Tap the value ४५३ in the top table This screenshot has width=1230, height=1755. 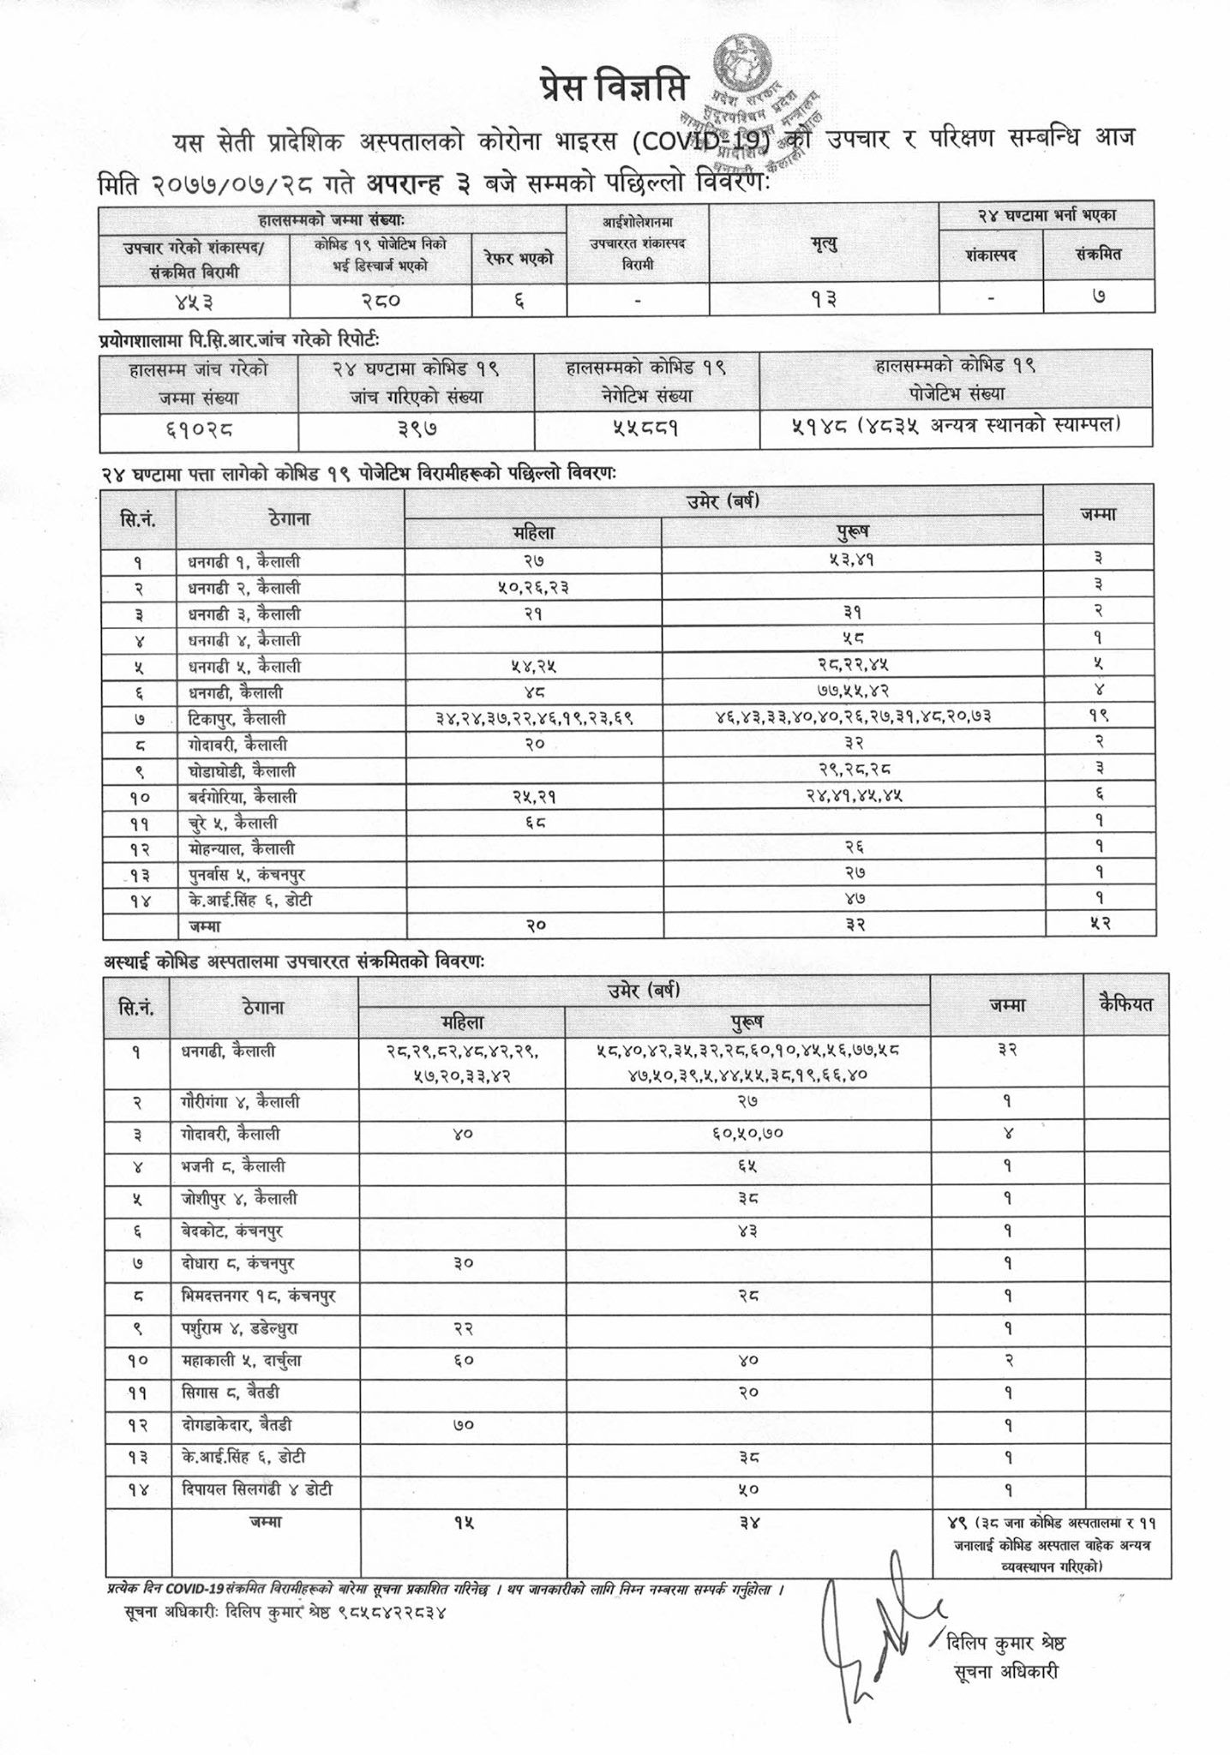[x=193, y=300]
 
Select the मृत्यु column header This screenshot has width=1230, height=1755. [x=824, y=244]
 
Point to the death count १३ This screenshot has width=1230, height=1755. [x=824, y=300]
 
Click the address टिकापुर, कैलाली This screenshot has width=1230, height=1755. [x=237, y=718]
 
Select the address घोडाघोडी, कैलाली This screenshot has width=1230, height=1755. [x=242, y=770]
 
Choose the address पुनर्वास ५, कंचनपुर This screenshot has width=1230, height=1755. [x=247, y=875]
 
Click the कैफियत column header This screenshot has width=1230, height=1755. [x=1126, y=1005]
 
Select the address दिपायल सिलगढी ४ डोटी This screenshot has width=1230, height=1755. [x=257, y=1488]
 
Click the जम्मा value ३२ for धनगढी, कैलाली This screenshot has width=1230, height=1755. [x=1007, y=1049]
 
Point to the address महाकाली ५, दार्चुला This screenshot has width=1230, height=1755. [x=242, y=1360]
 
